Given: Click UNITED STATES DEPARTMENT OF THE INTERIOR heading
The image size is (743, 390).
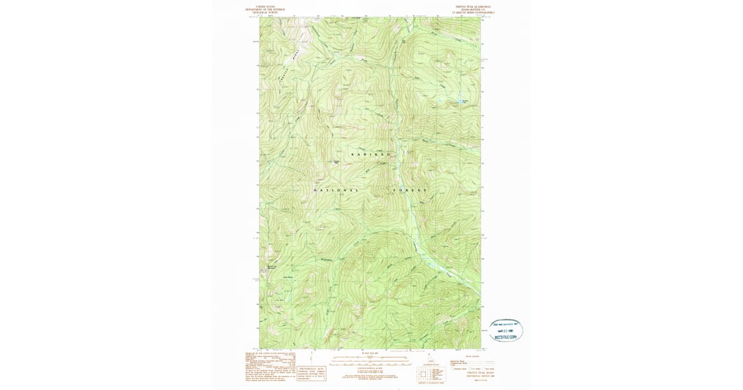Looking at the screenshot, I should click(x=264, y=9).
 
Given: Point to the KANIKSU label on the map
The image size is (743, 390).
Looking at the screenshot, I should click(x=371, y=154).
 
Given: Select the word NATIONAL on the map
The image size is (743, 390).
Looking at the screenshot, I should click(x=336, y=189).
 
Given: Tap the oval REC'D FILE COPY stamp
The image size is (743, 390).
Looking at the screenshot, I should click(x=506, y=330).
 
